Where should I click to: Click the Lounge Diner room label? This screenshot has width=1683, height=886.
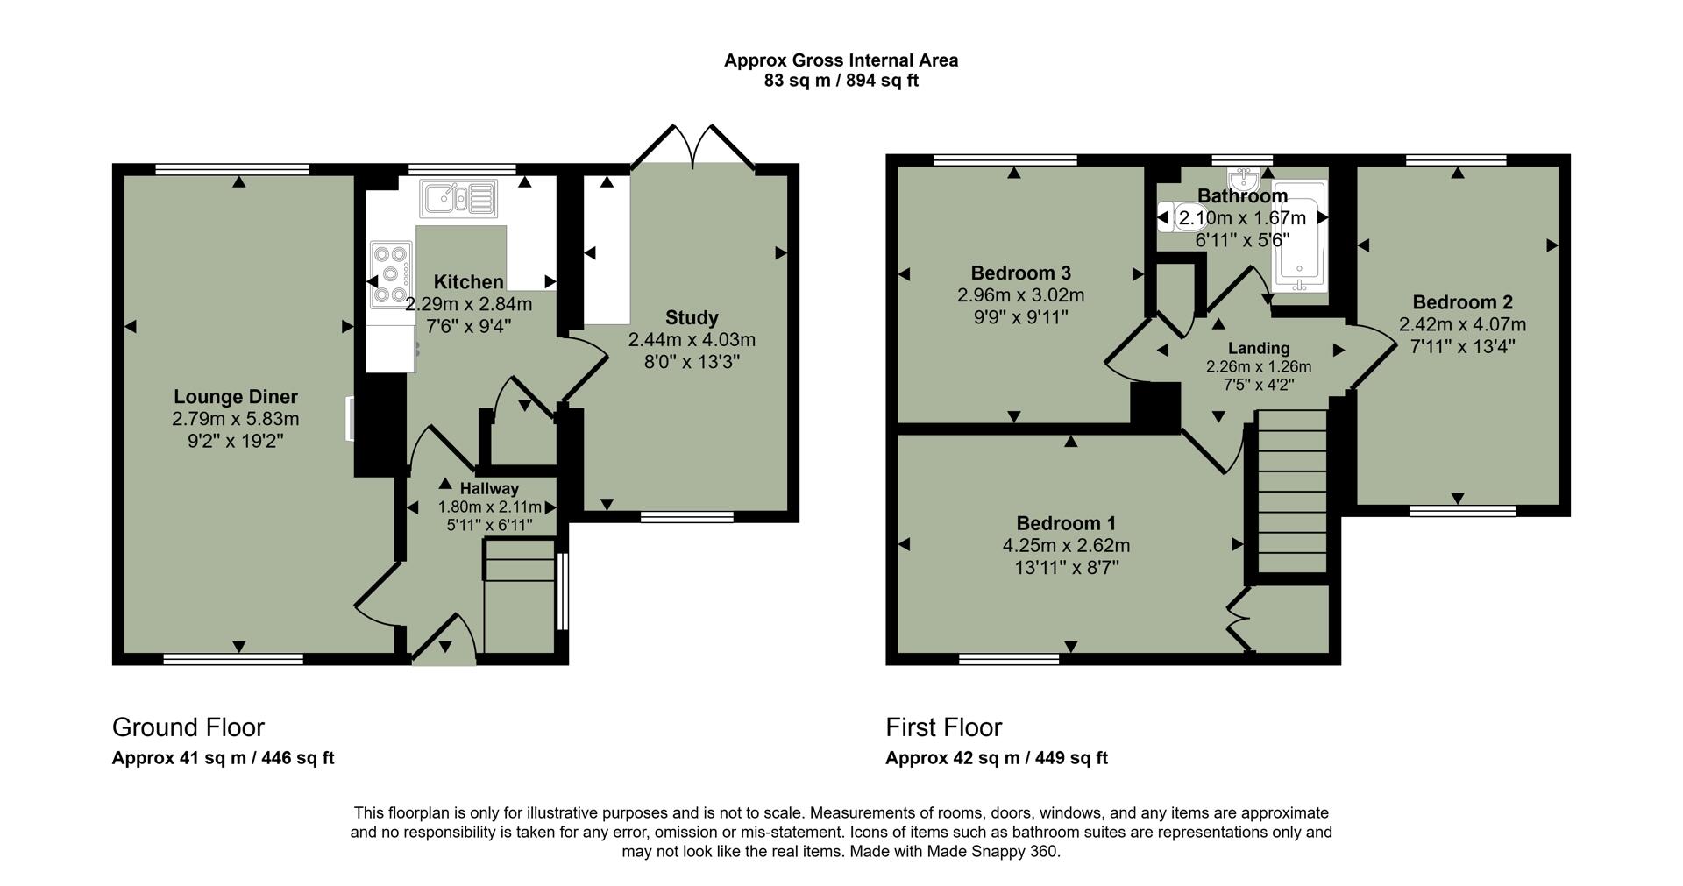coord(235,397)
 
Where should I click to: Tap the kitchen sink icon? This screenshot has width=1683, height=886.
coord(459,198)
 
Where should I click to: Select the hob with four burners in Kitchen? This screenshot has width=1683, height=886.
coord(391,274)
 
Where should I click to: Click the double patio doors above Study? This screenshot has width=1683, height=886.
coord(692,149)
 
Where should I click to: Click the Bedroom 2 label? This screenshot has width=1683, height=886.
coord(1462,302)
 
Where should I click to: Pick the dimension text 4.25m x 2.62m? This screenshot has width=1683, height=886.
coord(1066,545)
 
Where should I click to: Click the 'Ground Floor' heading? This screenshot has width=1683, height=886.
coord(188,727)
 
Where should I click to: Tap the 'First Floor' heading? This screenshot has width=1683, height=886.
coord(943,727)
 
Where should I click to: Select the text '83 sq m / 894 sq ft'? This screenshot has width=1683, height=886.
coord(841,82)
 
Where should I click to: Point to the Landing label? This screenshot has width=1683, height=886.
coord(1258,348)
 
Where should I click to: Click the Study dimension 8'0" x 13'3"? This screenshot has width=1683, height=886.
coord(692,362)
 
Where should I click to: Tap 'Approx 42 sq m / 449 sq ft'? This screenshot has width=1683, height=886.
coord(996,758)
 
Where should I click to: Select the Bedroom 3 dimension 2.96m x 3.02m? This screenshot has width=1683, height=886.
coord(1020,295)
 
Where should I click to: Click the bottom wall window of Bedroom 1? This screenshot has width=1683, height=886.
coord(1009,659)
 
